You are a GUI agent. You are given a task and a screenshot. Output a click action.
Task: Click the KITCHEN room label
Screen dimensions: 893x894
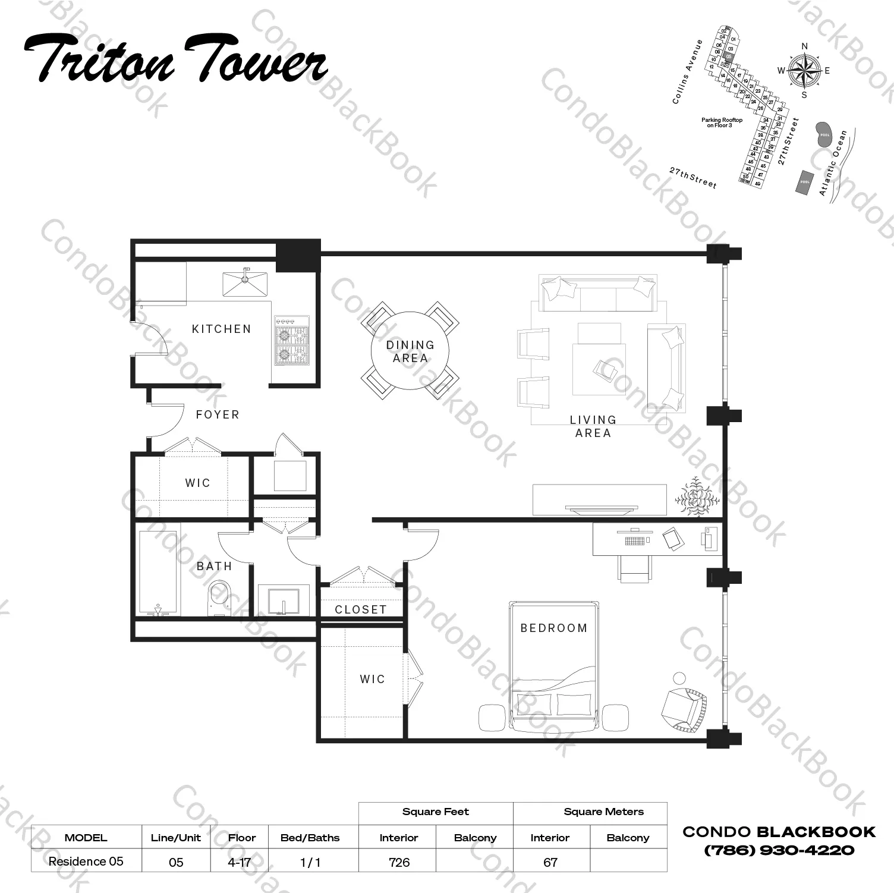click(x=221, y=329)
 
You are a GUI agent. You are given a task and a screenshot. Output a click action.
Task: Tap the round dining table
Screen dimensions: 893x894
click(x=410, y=351)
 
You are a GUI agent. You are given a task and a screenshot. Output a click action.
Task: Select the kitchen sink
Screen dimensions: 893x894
click(x=245, y=284)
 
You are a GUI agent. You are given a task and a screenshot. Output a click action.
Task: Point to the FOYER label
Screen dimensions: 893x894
click(x=218, y=414)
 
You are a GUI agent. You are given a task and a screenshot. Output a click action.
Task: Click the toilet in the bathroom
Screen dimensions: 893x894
click(x=219, y=598)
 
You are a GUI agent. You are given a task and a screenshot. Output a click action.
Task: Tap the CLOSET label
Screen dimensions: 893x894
click(x=360, y=609)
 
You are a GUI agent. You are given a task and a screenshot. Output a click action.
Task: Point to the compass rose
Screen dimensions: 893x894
click(x=804, y=71)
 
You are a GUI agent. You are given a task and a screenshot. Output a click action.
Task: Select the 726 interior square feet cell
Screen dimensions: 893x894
click(x=399, y=861)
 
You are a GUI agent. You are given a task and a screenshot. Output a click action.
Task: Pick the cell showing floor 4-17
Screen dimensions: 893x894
click(x=239, y=861)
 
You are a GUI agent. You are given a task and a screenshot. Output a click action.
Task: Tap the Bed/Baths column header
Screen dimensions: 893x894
click(x=310, y=838)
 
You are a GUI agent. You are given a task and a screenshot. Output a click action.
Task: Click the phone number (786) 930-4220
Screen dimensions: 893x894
click(x=779, y=850)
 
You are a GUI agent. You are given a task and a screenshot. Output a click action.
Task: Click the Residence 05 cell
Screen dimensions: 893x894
click(x=86, y=861)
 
